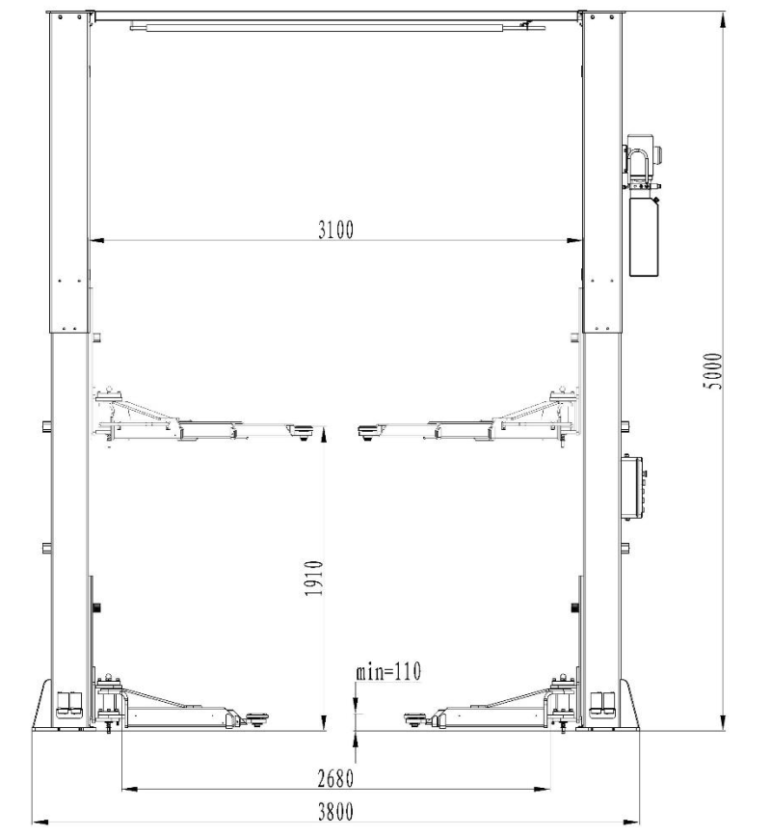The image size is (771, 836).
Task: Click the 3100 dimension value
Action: click(336, 229)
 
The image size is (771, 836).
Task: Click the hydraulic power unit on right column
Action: click(644, 204)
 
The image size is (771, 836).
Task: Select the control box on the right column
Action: click(634, 484)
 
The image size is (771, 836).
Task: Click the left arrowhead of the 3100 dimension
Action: click(93, 241)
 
